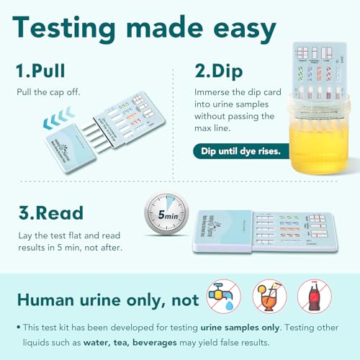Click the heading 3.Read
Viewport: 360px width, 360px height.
pos(51,214)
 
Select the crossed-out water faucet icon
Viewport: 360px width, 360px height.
pos(224,294)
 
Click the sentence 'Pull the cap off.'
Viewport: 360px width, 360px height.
pos(48,93)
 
